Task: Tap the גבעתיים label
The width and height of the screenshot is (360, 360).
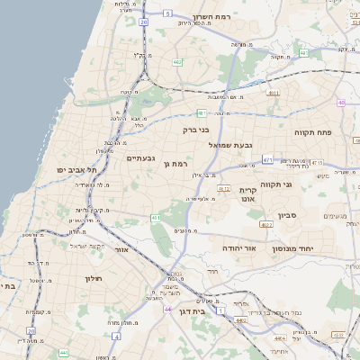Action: pyautogui.click(x=142, y=159)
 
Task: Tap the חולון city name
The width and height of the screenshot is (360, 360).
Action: pyautogui.click(x=94, y=278)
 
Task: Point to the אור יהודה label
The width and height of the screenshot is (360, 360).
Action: pyautogui.click(x=239, y=246)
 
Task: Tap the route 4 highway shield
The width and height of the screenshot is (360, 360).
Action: pyautogui.click(x=117, y=336)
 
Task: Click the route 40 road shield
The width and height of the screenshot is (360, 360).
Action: pyautogui.click(x=341, y=103)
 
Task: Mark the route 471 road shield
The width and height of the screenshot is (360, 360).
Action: pyautogui.click(x=267, y=159)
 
